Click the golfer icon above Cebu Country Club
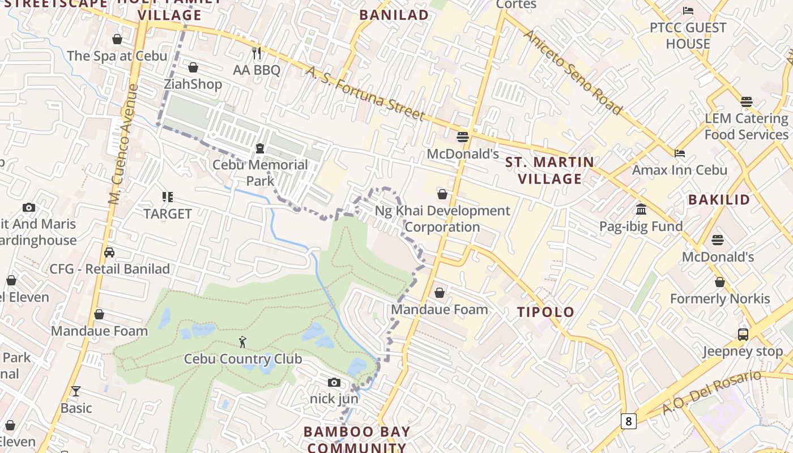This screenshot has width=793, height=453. tap(242, 342)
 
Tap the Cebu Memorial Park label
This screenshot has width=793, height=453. tap(260, 173)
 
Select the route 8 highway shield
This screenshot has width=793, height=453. tap(628, 421)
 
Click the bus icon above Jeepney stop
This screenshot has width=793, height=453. tap(743, 334)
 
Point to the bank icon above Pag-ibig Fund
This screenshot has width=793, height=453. tap(641, 210)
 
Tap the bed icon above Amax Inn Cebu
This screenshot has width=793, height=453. tap(680, 153)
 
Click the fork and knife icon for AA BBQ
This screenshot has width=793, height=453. tap(257, 53)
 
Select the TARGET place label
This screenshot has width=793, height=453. tap(168, 213)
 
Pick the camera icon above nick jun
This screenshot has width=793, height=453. tap(334, 382)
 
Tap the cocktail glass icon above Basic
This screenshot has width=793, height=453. tap(76, 391)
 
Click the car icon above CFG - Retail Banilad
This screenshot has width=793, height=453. tap(109, 252)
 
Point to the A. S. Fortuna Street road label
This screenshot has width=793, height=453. tap(365, 93)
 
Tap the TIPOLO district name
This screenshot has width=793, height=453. tap(545, 312)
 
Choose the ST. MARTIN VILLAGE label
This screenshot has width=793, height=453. tap(550, 170)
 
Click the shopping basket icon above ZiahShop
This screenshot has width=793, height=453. tap(193, 67)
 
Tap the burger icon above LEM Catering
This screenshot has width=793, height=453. tap(746, 102)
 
